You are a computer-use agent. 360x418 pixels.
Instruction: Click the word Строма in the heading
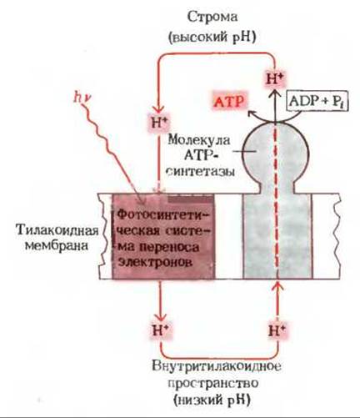212,18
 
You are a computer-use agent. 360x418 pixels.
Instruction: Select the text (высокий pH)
212,37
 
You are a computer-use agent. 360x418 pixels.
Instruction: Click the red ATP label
230,102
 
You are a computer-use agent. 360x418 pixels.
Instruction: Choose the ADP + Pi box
317,102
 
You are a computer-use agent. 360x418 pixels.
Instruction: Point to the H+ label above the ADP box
276,79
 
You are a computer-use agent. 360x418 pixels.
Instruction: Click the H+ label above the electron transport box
159,123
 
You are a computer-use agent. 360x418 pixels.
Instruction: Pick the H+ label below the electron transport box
160,330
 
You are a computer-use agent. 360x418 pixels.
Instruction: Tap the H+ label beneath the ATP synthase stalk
277,330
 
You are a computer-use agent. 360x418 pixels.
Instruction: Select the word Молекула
199,140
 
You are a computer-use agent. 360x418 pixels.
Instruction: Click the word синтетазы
201,171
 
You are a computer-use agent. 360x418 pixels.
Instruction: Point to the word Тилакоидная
57,230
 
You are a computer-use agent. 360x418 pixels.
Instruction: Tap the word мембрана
57,246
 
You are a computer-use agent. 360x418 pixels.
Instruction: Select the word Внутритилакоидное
217,366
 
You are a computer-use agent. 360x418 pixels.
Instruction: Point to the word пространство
213,384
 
